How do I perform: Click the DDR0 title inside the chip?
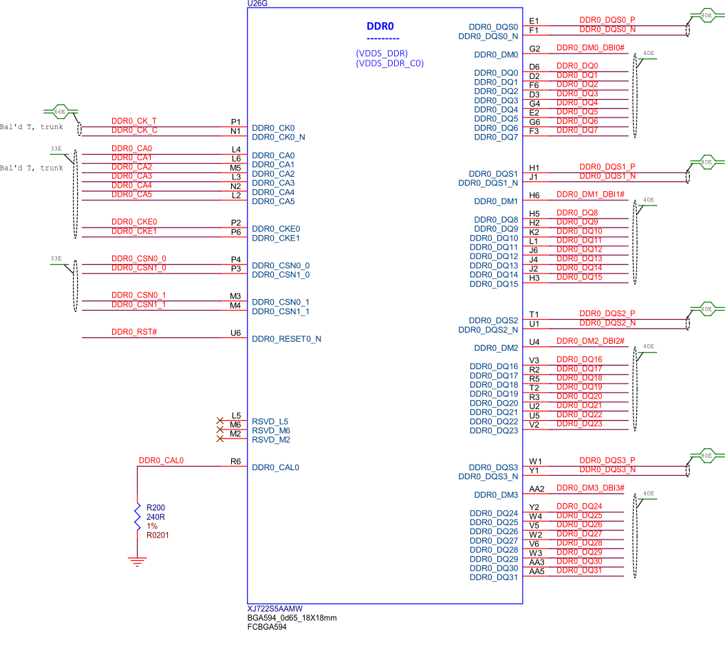380,27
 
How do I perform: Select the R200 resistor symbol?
138,516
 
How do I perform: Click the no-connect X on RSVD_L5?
220,421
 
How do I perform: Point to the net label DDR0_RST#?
134,332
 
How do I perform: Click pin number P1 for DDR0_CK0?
235,122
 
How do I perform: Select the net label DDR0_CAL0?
161,461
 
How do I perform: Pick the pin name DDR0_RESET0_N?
287,339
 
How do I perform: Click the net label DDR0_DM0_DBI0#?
589,48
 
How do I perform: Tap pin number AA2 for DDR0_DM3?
537,489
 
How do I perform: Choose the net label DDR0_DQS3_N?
607,469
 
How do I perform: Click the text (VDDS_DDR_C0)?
389,63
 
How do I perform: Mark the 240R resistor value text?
155,517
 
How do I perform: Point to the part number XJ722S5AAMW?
274,609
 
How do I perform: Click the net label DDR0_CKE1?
134,232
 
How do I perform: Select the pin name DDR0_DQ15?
494,284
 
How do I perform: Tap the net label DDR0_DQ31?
578,571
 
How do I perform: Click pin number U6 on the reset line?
235,333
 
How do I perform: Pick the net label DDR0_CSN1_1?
138,305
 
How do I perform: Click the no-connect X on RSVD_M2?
220,439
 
